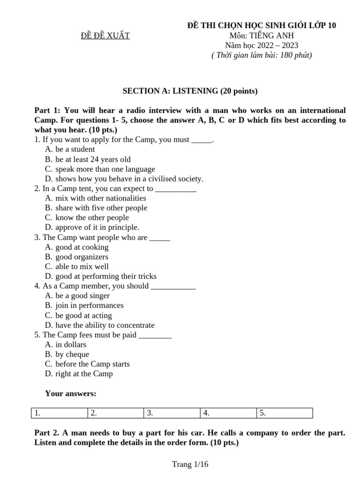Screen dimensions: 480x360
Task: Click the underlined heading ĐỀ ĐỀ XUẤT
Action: pyautogui.click(x=105, y=36)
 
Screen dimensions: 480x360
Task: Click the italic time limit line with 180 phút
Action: pyautogui.click(x=262, y=55)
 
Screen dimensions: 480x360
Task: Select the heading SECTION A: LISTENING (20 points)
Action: pyautogui.click(x=190, y=91)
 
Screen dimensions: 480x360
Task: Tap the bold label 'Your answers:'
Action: pyautogui.click(x=71, y=393)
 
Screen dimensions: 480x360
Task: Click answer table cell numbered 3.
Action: pyautogui.click(x=172, y=413)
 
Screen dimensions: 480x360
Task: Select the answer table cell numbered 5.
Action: pyautogui.click(x=284, y=413)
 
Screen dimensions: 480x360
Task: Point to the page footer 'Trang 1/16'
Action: pyautogui.click(x=190, y=465)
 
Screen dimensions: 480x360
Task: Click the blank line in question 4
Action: pyautogui.click(x=173, y=286)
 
